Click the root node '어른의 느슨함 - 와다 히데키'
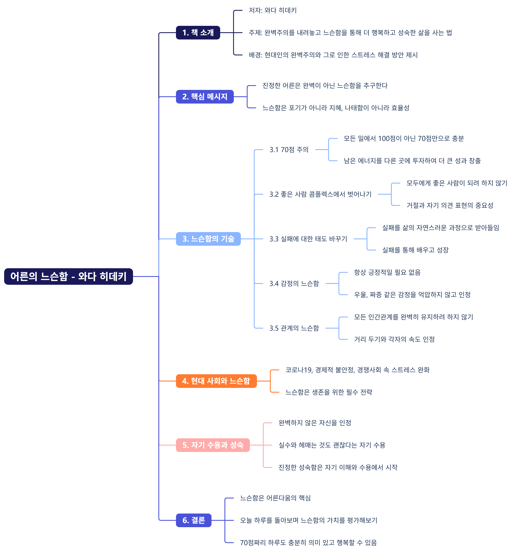pyautogui.click(x=68, y=276)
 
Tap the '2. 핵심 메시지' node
pyautogui.click(x=205, y=97)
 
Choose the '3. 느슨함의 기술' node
pyautogui.click(x=208, y=239)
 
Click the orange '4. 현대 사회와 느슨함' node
pyautogui.click(x=216, y=381)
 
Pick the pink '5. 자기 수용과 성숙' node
pyautogui.click(x=213, y=445)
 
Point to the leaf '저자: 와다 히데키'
pyautogui.click(x=272, y=10)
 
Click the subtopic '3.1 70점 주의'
pyautogui.click(x=289, y=150)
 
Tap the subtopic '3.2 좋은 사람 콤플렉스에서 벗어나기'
pyautogui.click(x=320, y=194)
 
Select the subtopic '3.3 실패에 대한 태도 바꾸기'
pyautogui.click(x=308, y=239)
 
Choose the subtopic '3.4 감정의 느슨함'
pyautogui.click(x=294, y=284)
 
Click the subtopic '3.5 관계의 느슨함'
pyautogui.click(x=294, y=328)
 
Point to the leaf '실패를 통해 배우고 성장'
pyautogui.click(x=415, y=250)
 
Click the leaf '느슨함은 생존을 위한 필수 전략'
pyautogui.click(x=329, y=392)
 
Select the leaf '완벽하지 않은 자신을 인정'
pyautogui.click(x=315, y=423)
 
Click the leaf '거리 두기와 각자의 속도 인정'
pyautogui.click(x=394, y=339)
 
